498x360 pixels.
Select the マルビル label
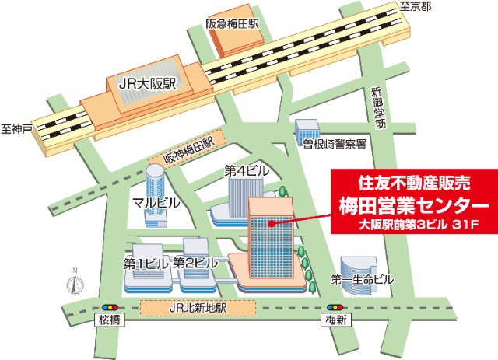click(x=156, y=203)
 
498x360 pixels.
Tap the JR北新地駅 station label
click(x=198, y=308)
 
